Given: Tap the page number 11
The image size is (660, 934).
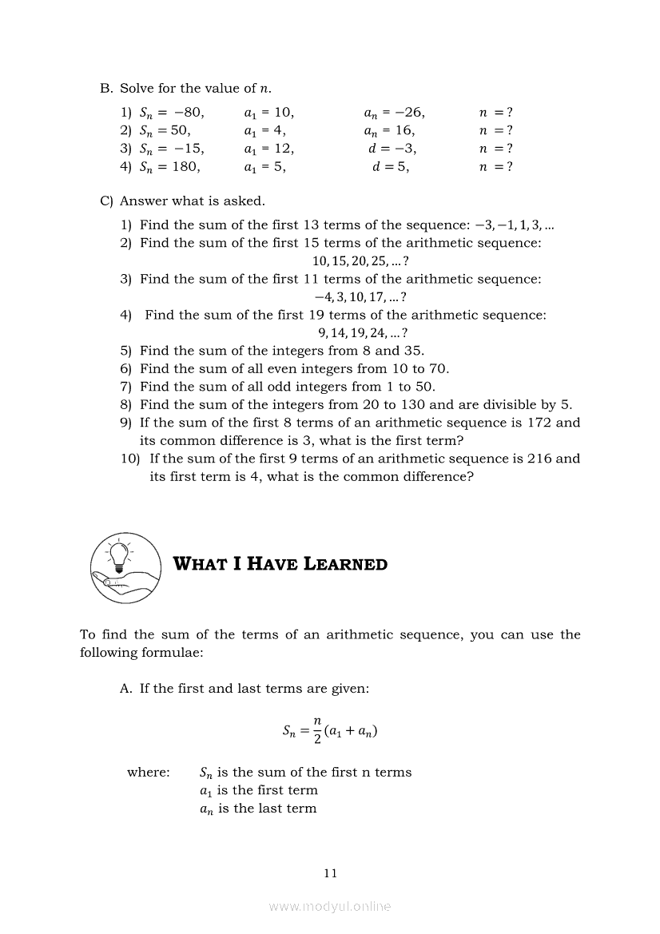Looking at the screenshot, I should click(x=330, y=872).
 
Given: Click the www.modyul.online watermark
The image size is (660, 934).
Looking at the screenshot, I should click(x=330, y=906).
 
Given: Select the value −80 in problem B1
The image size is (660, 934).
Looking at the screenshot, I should click(x=189, y=113).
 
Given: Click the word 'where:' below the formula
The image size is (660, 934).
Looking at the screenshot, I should click(x=148, y=772).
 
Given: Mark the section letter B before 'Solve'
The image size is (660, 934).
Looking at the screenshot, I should click(x=105, y=88).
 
